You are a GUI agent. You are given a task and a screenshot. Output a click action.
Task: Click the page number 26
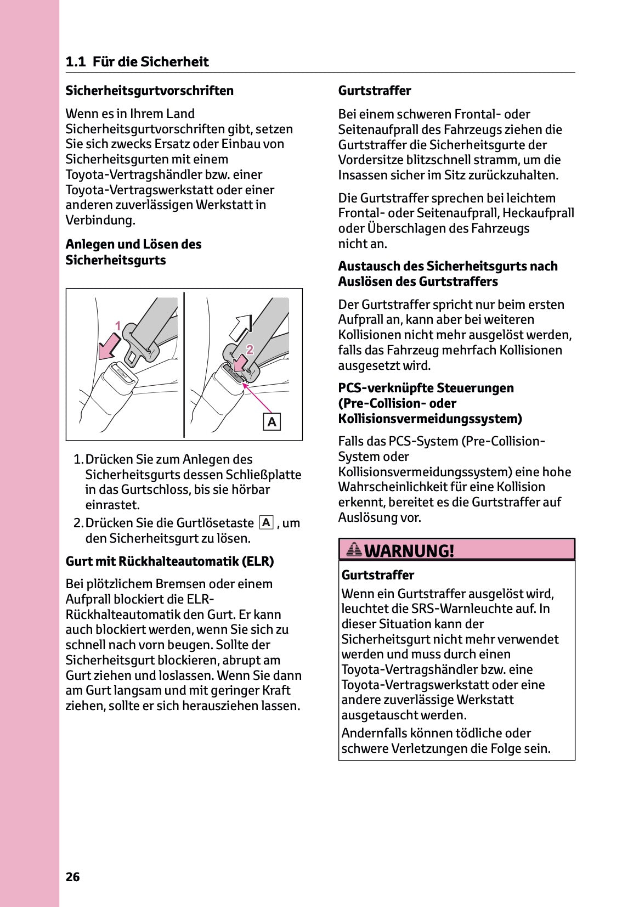(72, 877)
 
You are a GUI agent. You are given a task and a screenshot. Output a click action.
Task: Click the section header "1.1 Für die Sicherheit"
(137, 61)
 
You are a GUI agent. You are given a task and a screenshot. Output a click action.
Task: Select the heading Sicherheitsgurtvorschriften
(149, 91)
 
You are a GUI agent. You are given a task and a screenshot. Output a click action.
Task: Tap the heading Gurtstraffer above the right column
(374, 91)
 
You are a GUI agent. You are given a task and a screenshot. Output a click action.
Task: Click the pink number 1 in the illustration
(117, 326)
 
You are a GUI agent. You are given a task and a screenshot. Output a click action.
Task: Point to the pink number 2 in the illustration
(250, 350)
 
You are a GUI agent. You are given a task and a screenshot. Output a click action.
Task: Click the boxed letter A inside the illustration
(272, 422)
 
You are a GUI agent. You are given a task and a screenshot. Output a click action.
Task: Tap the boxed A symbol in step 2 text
(266, 522)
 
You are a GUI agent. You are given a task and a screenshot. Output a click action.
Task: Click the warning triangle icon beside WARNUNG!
(354, 549)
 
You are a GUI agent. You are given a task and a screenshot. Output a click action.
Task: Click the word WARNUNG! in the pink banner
(409, 550)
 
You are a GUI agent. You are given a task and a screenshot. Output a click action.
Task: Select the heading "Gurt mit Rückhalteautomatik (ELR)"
(169, 561)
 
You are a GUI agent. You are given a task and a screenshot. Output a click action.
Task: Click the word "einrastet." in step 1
(112, 505)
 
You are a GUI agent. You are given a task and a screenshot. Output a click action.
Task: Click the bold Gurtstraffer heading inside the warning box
(377, 575)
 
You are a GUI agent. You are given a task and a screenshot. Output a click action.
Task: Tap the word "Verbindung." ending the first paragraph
(100, 220)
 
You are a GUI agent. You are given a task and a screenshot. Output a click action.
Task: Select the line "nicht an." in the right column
(362, 244)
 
